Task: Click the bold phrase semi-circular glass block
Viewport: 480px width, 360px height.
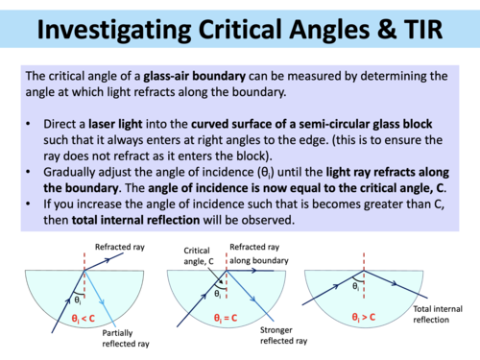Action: [359, 125]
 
